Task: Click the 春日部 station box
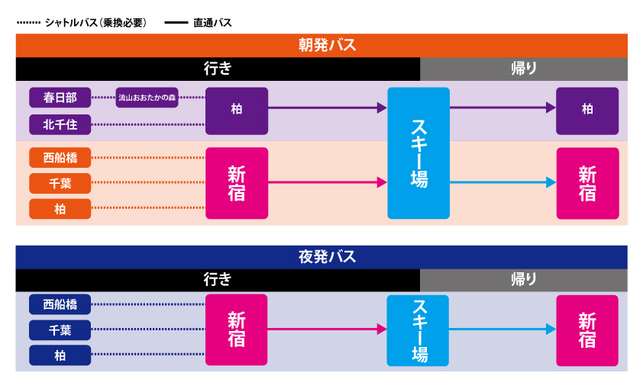tap(60, 98)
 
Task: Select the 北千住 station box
tap(60, 124)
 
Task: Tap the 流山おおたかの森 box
tap(147, 98)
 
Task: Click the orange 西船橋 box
tap(60, 158)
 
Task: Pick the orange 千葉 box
tap(60, 183)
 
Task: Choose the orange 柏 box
tap(60, 208)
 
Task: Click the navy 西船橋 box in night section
tap(60, 304)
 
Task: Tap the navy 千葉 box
tap(60, 330)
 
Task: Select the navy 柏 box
tap(60, 355)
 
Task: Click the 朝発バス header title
tap(321, 46)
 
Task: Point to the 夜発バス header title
tap(321, 257)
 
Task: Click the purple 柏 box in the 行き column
tap(237, 110)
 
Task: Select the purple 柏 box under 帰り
tap(586, 110)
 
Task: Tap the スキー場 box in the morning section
tap(418, 153)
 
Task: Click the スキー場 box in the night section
tap(418, 330)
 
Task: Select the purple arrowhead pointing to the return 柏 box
tap(550, 108)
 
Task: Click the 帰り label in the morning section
tap(523, 69)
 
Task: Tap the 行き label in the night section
tap(218, 280)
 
